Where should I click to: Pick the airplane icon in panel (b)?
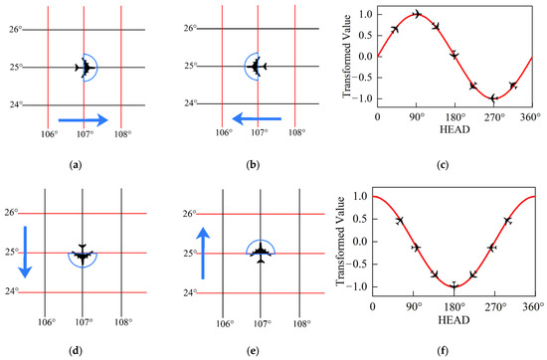257,68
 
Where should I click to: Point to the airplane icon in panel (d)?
83,254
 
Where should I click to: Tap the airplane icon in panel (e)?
261,252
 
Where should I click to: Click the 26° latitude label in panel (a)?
15,30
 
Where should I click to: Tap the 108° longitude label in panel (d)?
121,323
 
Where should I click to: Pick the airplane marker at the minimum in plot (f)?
454,286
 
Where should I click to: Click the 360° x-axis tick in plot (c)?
536,116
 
